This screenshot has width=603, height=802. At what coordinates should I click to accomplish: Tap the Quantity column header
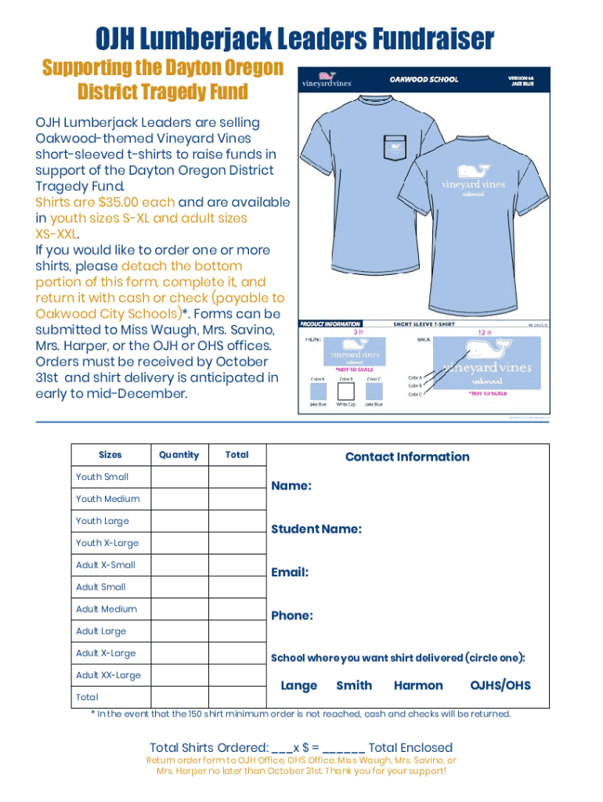click(x=179, y=455)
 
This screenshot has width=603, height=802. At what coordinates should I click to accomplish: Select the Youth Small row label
click(x=102, y=477)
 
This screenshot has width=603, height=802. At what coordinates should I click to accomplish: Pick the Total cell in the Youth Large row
click(x=237, y=521)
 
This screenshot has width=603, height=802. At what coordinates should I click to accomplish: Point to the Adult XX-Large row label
click(x=108, y=675)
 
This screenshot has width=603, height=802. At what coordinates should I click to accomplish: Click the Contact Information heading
click(x=407, y=457)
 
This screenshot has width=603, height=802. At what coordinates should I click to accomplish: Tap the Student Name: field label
click(x=316, y=529)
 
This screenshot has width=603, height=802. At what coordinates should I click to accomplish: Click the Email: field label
click(x=290, y=573)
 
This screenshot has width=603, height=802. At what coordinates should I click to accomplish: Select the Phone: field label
click(x=292, y=616)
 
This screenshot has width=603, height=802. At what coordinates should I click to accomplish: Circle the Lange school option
click(x=298, y=686)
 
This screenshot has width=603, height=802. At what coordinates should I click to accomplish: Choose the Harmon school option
click(x=418, y=686)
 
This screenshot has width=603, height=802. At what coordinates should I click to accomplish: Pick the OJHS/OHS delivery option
click(x=500, y=686)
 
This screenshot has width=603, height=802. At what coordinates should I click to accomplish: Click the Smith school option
click(x=354, y=686)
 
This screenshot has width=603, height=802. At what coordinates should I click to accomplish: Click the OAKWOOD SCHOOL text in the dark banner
click(x=424, y=80)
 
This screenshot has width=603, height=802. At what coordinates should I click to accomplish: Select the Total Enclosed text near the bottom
click(x=410, y=747)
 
